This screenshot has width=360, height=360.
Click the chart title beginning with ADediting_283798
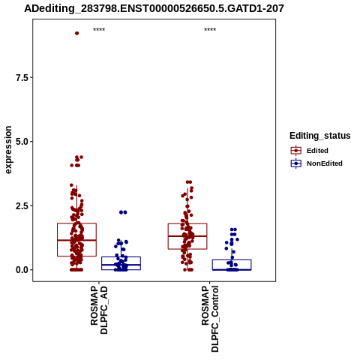click(154, 8)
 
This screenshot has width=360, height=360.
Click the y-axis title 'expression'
click(8, 150)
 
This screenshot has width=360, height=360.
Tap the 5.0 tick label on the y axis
click(22, 142)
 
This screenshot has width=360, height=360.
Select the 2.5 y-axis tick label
click(22, 205)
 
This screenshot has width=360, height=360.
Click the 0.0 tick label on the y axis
click(22, 270)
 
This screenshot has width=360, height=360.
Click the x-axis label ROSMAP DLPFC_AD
click(99, 310)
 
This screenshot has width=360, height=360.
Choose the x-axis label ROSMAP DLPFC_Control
click(210, 319)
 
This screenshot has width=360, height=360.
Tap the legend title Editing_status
click(320, 136)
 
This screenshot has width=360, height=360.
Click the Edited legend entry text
click(317, 151)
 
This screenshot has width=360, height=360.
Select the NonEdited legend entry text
click(325, 163)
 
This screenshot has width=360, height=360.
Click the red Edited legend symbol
click(296, 151)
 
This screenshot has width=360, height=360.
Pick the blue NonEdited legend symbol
click(296, 163)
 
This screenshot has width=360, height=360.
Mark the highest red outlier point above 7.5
click(77, 33)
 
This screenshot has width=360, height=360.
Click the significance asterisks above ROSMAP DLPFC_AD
click(99, 30)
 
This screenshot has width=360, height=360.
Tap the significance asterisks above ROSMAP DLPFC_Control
click(210, 30)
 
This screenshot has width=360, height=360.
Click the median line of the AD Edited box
click(76, 240)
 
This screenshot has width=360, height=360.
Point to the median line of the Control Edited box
click(187, 236)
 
